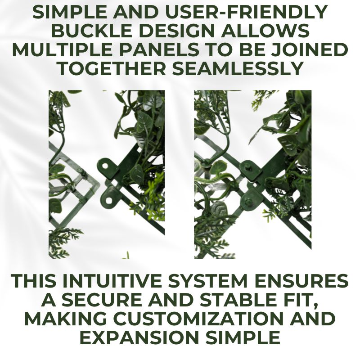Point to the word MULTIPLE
[60, 49]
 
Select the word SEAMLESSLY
[237, 68]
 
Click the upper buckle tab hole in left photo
[105, 165]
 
